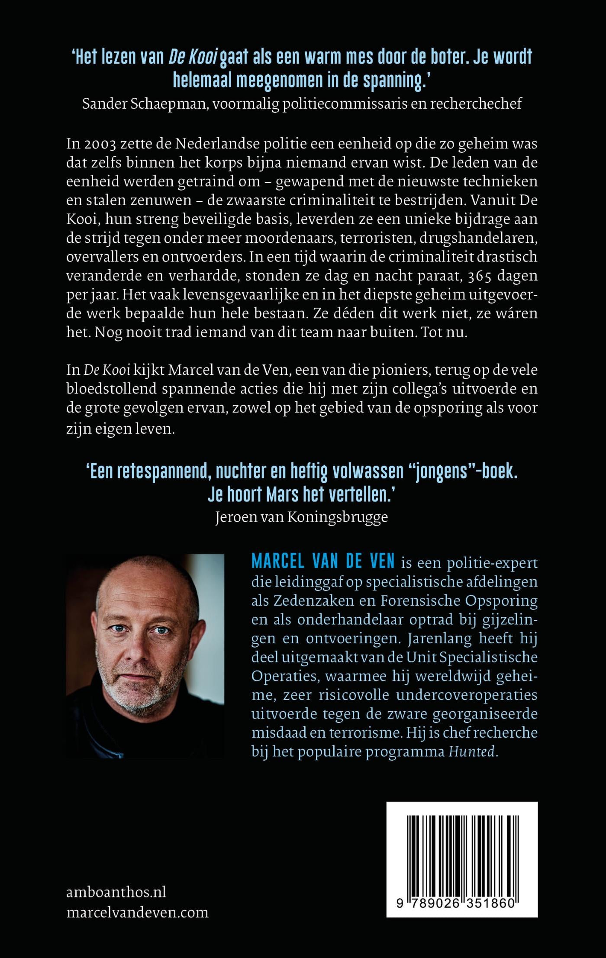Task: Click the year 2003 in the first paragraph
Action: coord(99,143)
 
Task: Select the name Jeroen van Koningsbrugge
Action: coord(301,517)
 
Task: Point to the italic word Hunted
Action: coord(471,752)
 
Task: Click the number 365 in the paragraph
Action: coord(475,275)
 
